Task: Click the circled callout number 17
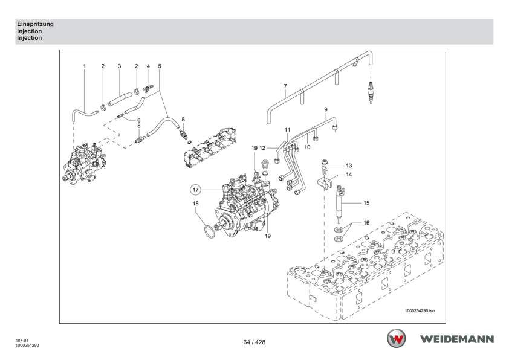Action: click(x=195, y=190)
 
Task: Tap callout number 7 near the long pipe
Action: click(x=285, y=86)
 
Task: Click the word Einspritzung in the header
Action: click(x=36, y=24)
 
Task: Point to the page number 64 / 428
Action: click(x=254, y=342)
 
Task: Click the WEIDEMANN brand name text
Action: click(x=458, y=339)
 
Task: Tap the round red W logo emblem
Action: click(x=397, y=338)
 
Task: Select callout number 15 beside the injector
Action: click(x=366, y=203)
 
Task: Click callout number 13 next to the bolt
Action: click(x=349, y=166)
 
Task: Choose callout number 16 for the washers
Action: click(x=366, y=223)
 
